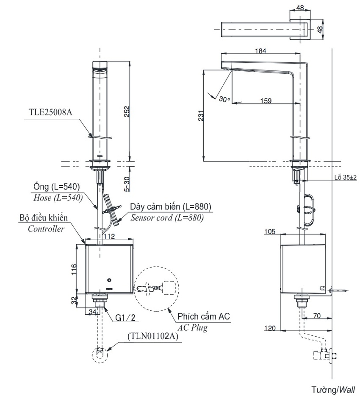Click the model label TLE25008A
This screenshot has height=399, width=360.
50,112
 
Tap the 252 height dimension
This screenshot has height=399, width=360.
127,112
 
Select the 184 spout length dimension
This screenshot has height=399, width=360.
260,51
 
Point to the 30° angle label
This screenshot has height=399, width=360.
224,99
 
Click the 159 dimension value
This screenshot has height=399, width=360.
266,101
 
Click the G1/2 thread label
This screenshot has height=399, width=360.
125,318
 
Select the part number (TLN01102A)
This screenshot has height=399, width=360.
153,336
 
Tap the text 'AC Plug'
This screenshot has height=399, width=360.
192,327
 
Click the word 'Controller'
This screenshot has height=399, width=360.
46,229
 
